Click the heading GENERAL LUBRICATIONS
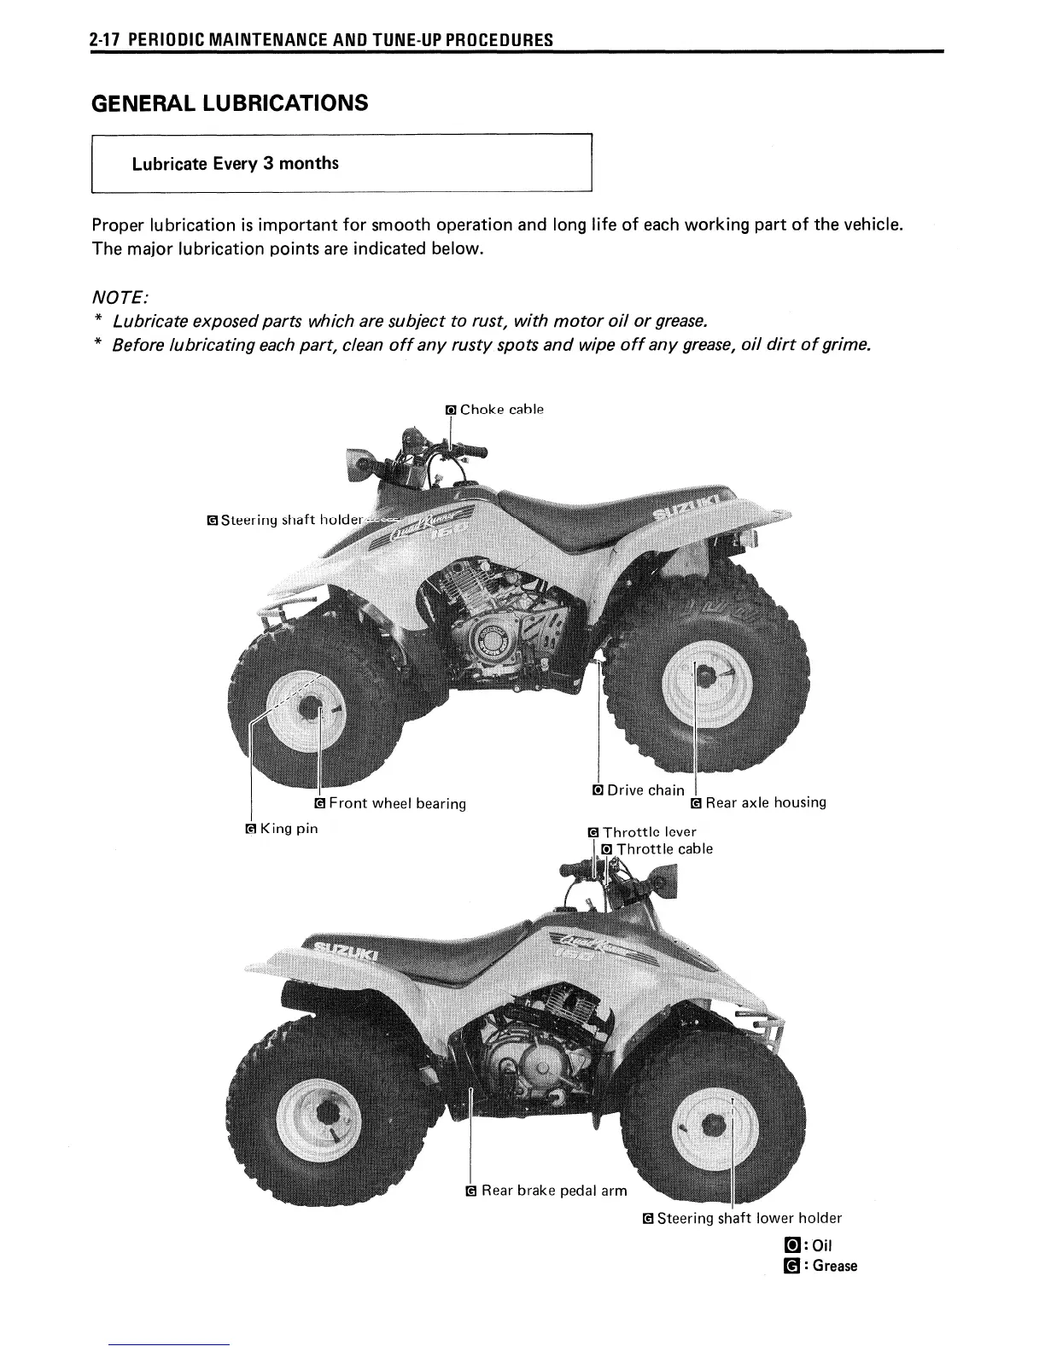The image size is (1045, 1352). click(x=230, y=103)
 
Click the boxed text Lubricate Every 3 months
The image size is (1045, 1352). click(x=235, y=163)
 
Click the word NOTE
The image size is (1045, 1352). click(x=120, y=298)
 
